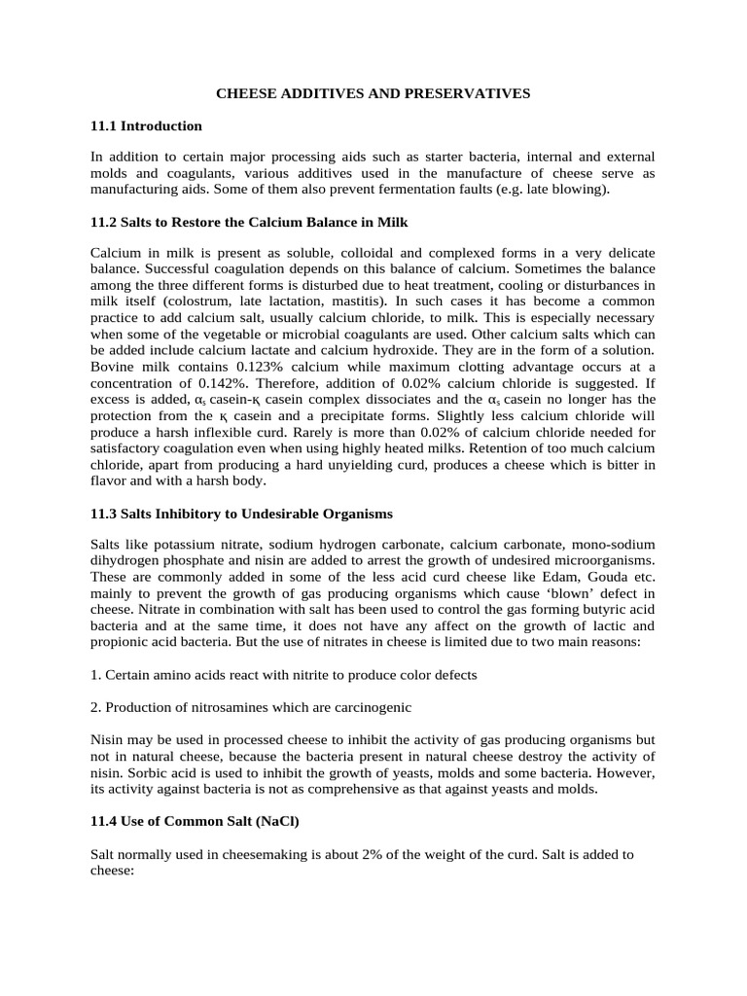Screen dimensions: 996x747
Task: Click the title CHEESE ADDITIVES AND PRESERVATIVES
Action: pos(373,93)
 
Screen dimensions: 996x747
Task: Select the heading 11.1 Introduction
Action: pos(146,125)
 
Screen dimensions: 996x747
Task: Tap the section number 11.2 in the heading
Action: pos(103,221)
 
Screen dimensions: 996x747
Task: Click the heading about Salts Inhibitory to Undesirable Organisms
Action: pos(241,513)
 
